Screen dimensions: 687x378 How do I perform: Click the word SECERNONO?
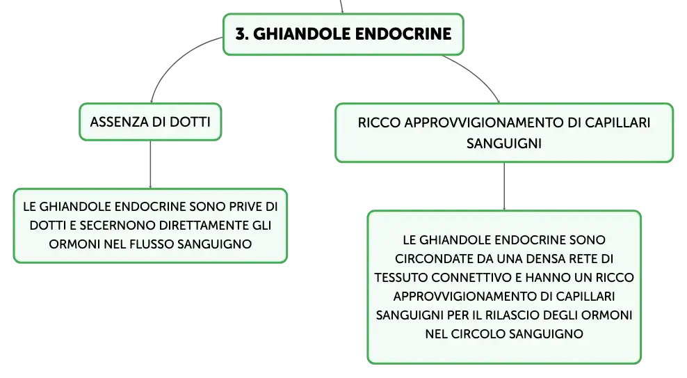pyautogui.click(x=116, y=226)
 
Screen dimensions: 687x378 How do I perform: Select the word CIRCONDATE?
pyautogui.click(x=433, y=259)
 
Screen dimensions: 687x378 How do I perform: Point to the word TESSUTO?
pyautogui.click(x=401, y=278)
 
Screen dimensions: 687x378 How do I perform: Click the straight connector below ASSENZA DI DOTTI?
pyautogui.click(x=150, y=164)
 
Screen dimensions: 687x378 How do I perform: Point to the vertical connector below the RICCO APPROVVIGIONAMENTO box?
pyautogui.click(x=504, y=187)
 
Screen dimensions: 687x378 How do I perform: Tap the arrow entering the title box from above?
pyautogui.click(x=341, y=6)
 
